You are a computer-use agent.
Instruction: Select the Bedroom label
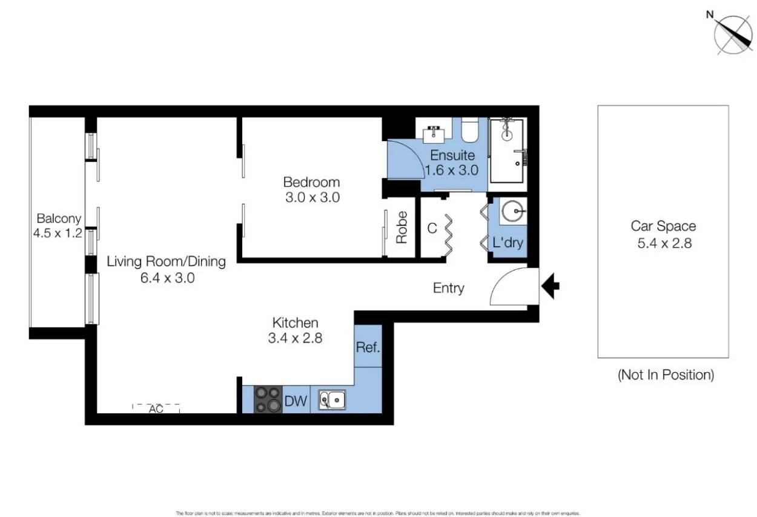coord(311,182)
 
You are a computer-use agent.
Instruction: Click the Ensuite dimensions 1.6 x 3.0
coord(451,170)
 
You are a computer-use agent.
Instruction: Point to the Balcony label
coord(59,218)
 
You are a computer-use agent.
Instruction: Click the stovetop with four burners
coord(268,400)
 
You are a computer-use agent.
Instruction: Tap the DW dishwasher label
coord(296,401)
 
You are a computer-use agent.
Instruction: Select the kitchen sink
coord(332,400)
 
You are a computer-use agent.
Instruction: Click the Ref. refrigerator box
coord(368,347)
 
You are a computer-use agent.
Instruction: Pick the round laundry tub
coord(514,212)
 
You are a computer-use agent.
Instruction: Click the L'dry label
coord(507,244)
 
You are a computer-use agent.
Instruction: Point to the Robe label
coord(402,227)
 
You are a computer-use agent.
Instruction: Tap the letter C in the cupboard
coord(432,228)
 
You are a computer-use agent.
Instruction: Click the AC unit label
coord(156,409)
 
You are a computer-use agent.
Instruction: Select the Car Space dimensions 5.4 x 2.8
coord(663,244)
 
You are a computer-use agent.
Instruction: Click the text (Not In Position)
coord(666,375)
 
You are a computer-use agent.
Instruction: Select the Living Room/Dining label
coord(166,262)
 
